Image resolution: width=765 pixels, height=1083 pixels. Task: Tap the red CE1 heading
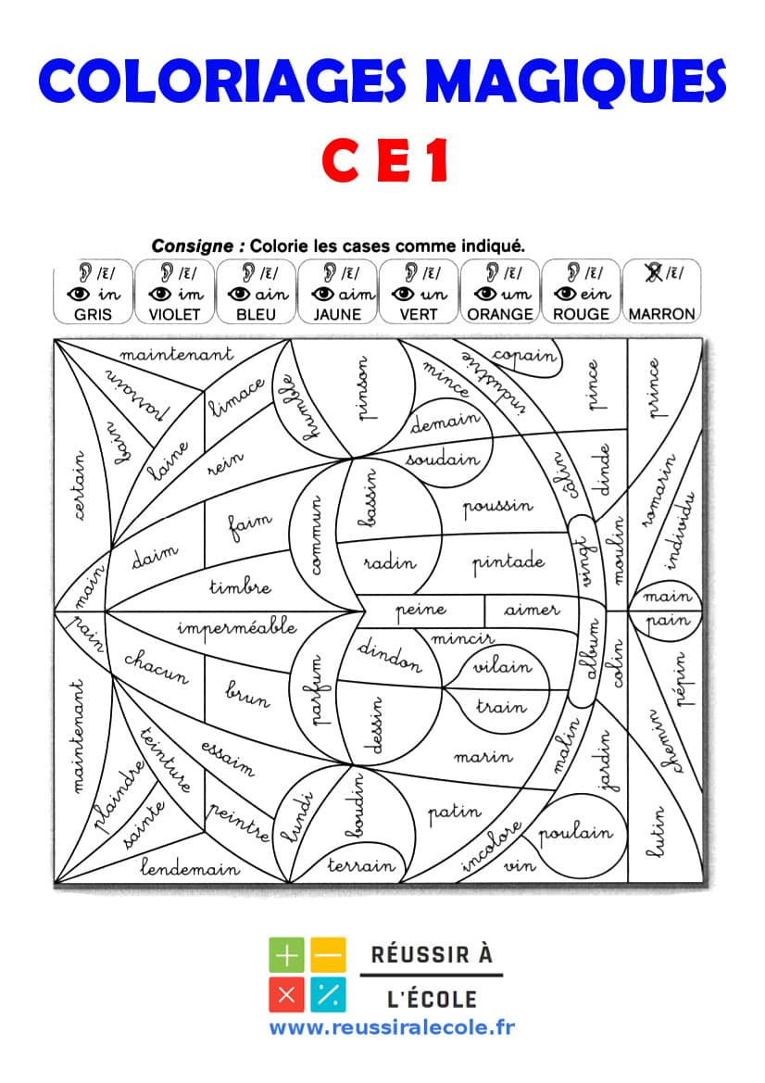[x=384, y=160]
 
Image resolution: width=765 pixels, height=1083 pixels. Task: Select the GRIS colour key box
[x=93, y=290]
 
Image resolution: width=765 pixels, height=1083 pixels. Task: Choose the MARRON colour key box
[x=661, y=290]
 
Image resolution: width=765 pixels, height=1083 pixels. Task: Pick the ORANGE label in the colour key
[x=500, y=314]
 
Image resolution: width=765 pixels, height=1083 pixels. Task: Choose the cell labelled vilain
[x=503, y=666]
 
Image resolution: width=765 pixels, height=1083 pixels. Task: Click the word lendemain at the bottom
[x=190, y=868]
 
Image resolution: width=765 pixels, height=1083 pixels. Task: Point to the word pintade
[x=508, y=562]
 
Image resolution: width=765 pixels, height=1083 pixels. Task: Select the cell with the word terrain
[x=361, y=866]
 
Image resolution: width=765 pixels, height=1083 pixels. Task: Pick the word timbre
[x=240, y=586]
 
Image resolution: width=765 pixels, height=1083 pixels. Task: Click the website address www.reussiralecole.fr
[x=392, y=1027]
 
